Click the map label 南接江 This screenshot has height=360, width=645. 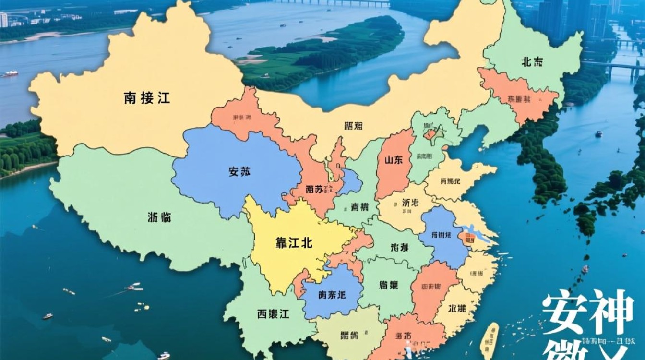[x=147, y=98]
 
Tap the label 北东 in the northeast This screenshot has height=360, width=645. [x=532, y=61]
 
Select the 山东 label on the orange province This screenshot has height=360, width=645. [x=393, y=161]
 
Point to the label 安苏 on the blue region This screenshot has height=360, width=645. [x=240, y=171]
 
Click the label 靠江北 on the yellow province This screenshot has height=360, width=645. [x=294, y=243]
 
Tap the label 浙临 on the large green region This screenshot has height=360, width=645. [x=159, y=217]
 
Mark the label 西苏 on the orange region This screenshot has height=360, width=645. [x=314, y=190]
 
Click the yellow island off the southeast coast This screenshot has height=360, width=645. [x=490, y=339]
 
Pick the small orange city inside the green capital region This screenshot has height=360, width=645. [x=430, y=134]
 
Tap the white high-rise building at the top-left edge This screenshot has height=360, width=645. [x=3, y=20]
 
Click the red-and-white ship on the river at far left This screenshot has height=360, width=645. [x=9, y=74]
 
